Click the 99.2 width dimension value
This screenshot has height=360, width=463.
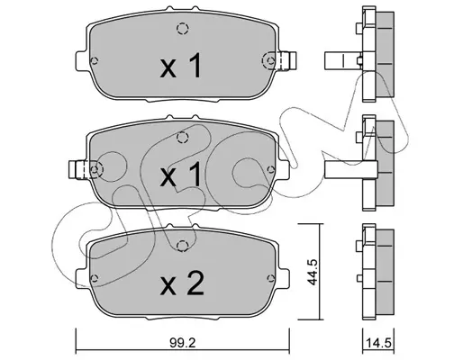pos(183,343)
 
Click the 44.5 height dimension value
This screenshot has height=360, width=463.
pos(313,272)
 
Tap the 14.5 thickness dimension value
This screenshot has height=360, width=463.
pos(378,343)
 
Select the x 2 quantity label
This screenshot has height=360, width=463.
pos(182,283)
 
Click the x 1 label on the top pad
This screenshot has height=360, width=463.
pos(181,65)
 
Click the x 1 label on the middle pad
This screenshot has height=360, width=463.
pos(181,174)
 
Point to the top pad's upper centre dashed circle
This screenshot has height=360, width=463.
pos(183,29)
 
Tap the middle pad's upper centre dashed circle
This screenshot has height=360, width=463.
pos(183,138)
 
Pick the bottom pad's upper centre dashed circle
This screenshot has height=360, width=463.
pos(183,247)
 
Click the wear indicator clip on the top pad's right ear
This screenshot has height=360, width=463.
pos(287,61)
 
